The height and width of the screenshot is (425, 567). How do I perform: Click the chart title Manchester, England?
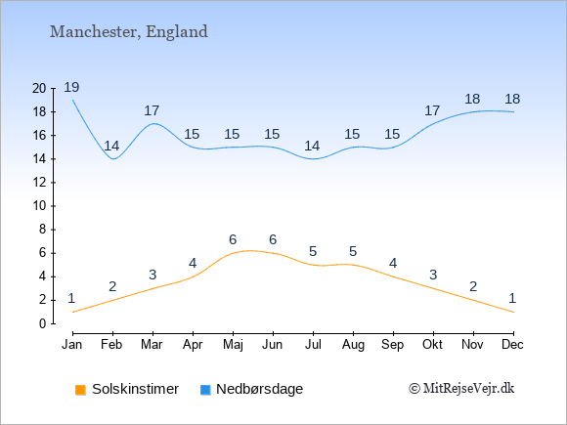tap(129, 32)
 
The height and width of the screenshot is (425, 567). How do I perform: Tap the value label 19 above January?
tap(71, 87)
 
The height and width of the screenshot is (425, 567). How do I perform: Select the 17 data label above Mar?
tap(152, 110)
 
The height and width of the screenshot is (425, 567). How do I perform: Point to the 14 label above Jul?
tap(312, 146)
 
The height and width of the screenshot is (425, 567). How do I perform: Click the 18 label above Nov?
tap(472, 99)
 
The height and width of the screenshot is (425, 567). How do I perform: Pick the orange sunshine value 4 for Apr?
tap(193, 263)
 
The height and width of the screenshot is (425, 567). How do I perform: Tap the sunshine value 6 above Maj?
tap(233, 239)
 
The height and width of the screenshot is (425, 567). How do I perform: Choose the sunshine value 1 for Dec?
tap(512, 299)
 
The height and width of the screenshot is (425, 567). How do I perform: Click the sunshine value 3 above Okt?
tap(433, 275)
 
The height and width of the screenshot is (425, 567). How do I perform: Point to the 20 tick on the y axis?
tap(39, 88)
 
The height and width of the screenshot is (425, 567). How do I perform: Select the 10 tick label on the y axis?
tap(39, 206)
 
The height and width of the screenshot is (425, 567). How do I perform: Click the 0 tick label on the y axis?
tap(43, 323)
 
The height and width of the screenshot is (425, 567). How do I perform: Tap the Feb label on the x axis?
tap(111, 345)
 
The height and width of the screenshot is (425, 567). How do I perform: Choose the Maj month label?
tap(233, 345)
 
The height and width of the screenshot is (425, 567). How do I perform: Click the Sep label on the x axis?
tap(393, 345)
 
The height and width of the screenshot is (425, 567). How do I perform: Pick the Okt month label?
tap(432, 345)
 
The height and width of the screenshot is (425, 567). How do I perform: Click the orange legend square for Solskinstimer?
tap(80, 390)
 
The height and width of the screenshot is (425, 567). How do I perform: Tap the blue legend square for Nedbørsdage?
tap(205, 390)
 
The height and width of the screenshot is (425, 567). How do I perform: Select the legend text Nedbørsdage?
tap(259, 389)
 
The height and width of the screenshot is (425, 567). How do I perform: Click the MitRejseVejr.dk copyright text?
tap(461, 389)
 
